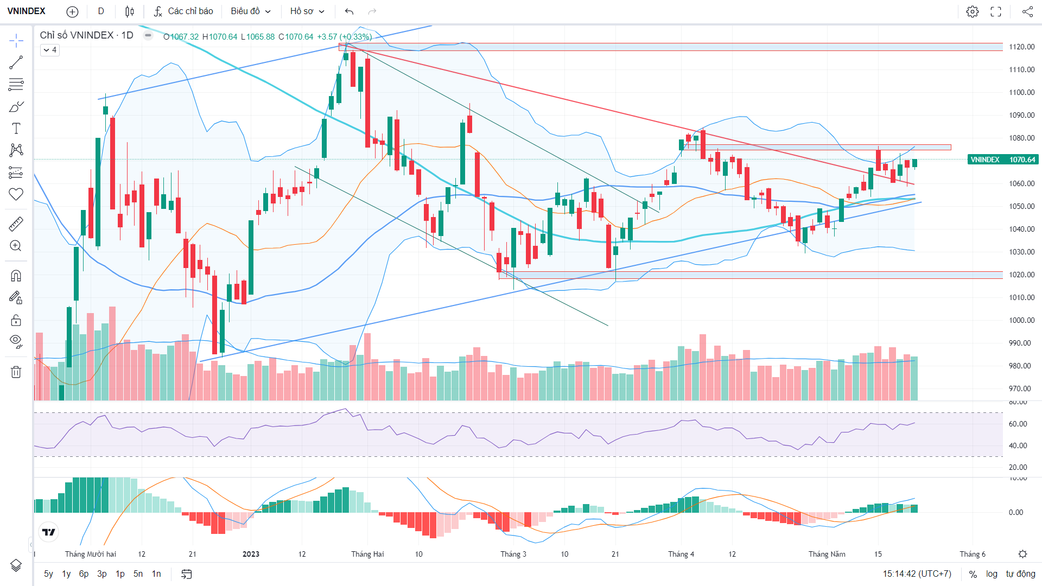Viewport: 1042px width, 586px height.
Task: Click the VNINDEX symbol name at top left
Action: (27, 11)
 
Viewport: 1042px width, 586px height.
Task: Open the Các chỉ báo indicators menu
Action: (183, 11)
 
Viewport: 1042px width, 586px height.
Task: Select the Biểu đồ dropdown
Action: (250, 11)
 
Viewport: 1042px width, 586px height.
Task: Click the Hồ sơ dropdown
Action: (307, 11)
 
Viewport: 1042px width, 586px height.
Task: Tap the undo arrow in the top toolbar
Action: (349, 11)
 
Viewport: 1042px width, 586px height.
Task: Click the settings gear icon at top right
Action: (973, 11)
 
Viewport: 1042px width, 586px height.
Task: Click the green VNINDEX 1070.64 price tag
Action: (1002, 160)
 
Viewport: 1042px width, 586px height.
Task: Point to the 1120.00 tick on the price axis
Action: (1022, 47)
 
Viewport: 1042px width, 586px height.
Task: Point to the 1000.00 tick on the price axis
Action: (1022, 320)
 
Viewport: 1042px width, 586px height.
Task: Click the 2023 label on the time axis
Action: (251, 554)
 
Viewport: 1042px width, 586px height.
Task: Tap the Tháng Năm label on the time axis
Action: (827, 554)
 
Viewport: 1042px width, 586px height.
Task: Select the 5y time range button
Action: (49, 574)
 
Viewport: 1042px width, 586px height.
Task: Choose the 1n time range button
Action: (156, 574)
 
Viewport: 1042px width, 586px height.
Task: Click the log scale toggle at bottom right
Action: (992, 574)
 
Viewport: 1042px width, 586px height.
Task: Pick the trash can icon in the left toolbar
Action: (16, 372)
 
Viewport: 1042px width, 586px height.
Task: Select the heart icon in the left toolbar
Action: (16, 194)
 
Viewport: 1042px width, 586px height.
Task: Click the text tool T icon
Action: (16, 128)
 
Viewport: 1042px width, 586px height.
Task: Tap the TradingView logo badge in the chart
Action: (49, 532)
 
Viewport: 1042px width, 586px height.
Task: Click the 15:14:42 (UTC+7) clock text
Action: (917, 574)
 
